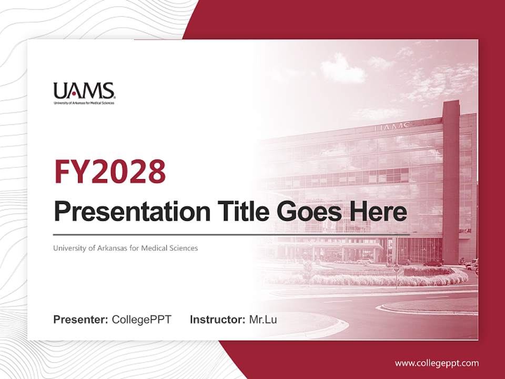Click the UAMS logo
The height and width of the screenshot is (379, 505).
tap(84, 92)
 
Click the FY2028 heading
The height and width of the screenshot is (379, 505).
tap(109, 172)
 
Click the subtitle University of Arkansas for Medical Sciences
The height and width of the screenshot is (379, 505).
tap(125, 248)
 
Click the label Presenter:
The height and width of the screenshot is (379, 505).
tap(80, 320)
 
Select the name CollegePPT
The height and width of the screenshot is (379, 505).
tap(142, 320)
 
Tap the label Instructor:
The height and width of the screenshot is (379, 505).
tap(217, 320)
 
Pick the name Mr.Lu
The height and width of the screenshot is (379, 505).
tap(263, 320)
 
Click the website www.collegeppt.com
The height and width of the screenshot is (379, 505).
tap(437, 363)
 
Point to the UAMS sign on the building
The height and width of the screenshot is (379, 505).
tap(392, 126)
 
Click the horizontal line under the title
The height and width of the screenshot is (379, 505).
tap(231, 234)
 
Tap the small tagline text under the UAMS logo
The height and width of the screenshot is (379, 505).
tap(84, 103)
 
